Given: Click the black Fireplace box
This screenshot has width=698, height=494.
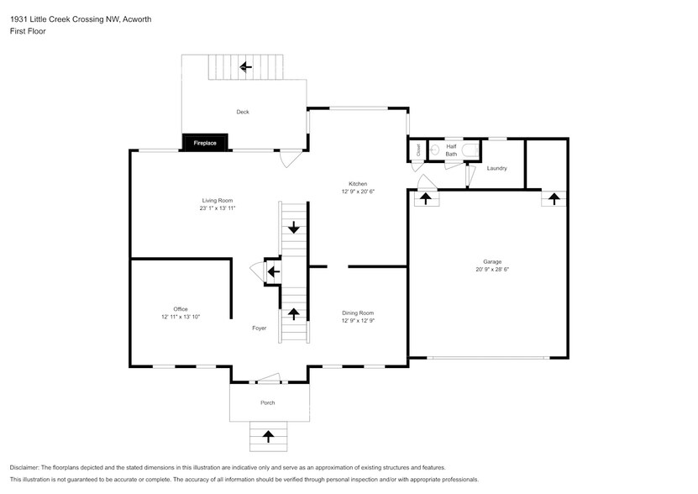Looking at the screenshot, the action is tap(205, 143).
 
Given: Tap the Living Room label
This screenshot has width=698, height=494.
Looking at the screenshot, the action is tap(218, 201).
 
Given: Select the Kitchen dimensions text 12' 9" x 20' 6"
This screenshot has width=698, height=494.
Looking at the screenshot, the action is tap(358, 192).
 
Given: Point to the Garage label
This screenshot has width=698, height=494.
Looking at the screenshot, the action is tap(492, 262).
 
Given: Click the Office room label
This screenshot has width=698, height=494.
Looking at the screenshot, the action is tap(181, 309).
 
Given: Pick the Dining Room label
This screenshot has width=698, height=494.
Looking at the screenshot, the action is tap(358, 313).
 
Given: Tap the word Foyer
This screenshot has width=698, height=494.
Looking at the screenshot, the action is tap(259, 328).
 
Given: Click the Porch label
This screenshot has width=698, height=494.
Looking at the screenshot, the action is tap(268, 402).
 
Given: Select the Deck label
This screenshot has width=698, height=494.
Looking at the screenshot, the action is tap(243, 112).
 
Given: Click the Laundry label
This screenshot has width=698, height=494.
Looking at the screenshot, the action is tap(496, 168).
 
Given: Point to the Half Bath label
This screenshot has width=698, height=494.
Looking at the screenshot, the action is tap(451, 150).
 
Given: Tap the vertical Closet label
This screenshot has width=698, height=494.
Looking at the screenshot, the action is tap(418, 150).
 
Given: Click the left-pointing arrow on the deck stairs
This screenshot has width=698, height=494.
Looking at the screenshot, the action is tap(246, 67).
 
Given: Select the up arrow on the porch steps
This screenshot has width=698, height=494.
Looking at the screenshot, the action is tap(268, 436).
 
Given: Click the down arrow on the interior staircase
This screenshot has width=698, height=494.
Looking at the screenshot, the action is tap(294, 227).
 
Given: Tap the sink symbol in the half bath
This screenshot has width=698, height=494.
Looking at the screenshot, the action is tap(435, 150).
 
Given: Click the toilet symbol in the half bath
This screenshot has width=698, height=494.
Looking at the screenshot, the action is tap(470, 150).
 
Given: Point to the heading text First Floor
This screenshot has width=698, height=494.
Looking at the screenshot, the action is tap(28, 31).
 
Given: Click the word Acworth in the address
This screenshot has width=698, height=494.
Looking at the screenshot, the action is tap(137, 19).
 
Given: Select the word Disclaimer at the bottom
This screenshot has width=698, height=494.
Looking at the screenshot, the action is tap(24, 468).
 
